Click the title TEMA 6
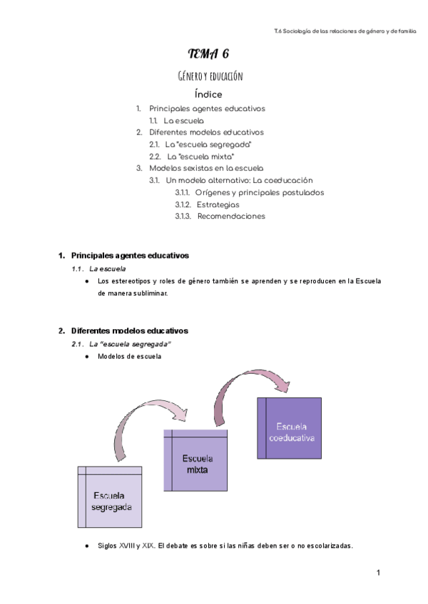click(x=208, y=53)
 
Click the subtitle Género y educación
click(x=210, y=76)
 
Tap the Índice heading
click(x=208, y=94)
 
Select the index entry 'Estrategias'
click(x=218, y=204)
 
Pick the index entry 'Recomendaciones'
click(x=231, y=216)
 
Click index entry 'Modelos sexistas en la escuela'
click(x=206, y=168)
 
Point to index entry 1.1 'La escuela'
click(x=184, y=120)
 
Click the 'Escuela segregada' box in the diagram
click(x=110, y=497)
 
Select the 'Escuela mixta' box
click(x=195, y=460)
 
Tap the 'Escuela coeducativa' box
click(x=290, y=428)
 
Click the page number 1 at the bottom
click(x=378, y=573)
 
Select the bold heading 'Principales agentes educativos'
click(x=130, y=256)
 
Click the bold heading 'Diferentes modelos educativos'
click(x=130, y=330)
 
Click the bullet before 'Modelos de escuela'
click(x=87, y=357)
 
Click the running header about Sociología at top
click(x=345, y=31)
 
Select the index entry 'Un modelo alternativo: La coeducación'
click(x=239, y=180)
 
